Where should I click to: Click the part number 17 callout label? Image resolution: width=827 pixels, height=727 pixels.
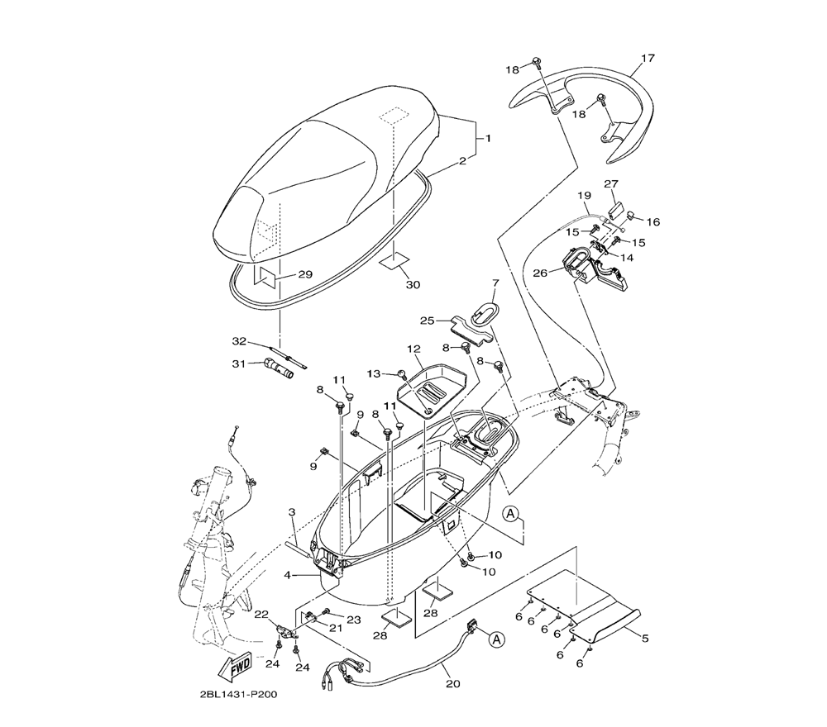coord(648,59)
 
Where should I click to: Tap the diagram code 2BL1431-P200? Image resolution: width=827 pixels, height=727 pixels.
coord(238,694)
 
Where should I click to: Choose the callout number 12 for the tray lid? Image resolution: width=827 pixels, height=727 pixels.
coord(413,349)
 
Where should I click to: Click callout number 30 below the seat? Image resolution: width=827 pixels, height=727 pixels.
coord(413,285)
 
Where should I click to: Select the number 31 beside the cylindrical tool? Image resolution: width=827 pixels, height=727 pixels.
coord(239,363)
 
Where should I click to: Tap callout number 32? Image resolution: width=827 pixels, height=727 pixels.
coord(239,341)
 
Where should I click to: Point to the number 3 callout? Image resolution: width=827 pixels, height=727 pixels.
coord(292,512)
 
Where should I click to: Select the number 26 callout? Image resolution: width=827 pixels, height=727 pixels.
coord(539,273)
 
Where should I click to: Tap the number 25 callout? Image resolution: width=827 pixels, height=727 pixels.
coord(427,320)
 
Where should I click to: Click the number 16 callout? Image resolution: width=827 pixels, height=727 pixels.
coord(653,221)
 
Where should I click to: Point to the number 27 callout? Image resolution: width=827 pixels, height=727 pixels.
coord(611,183)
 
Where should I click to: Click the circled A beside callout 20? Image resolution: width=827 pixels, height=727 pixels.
coord(496,639)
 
